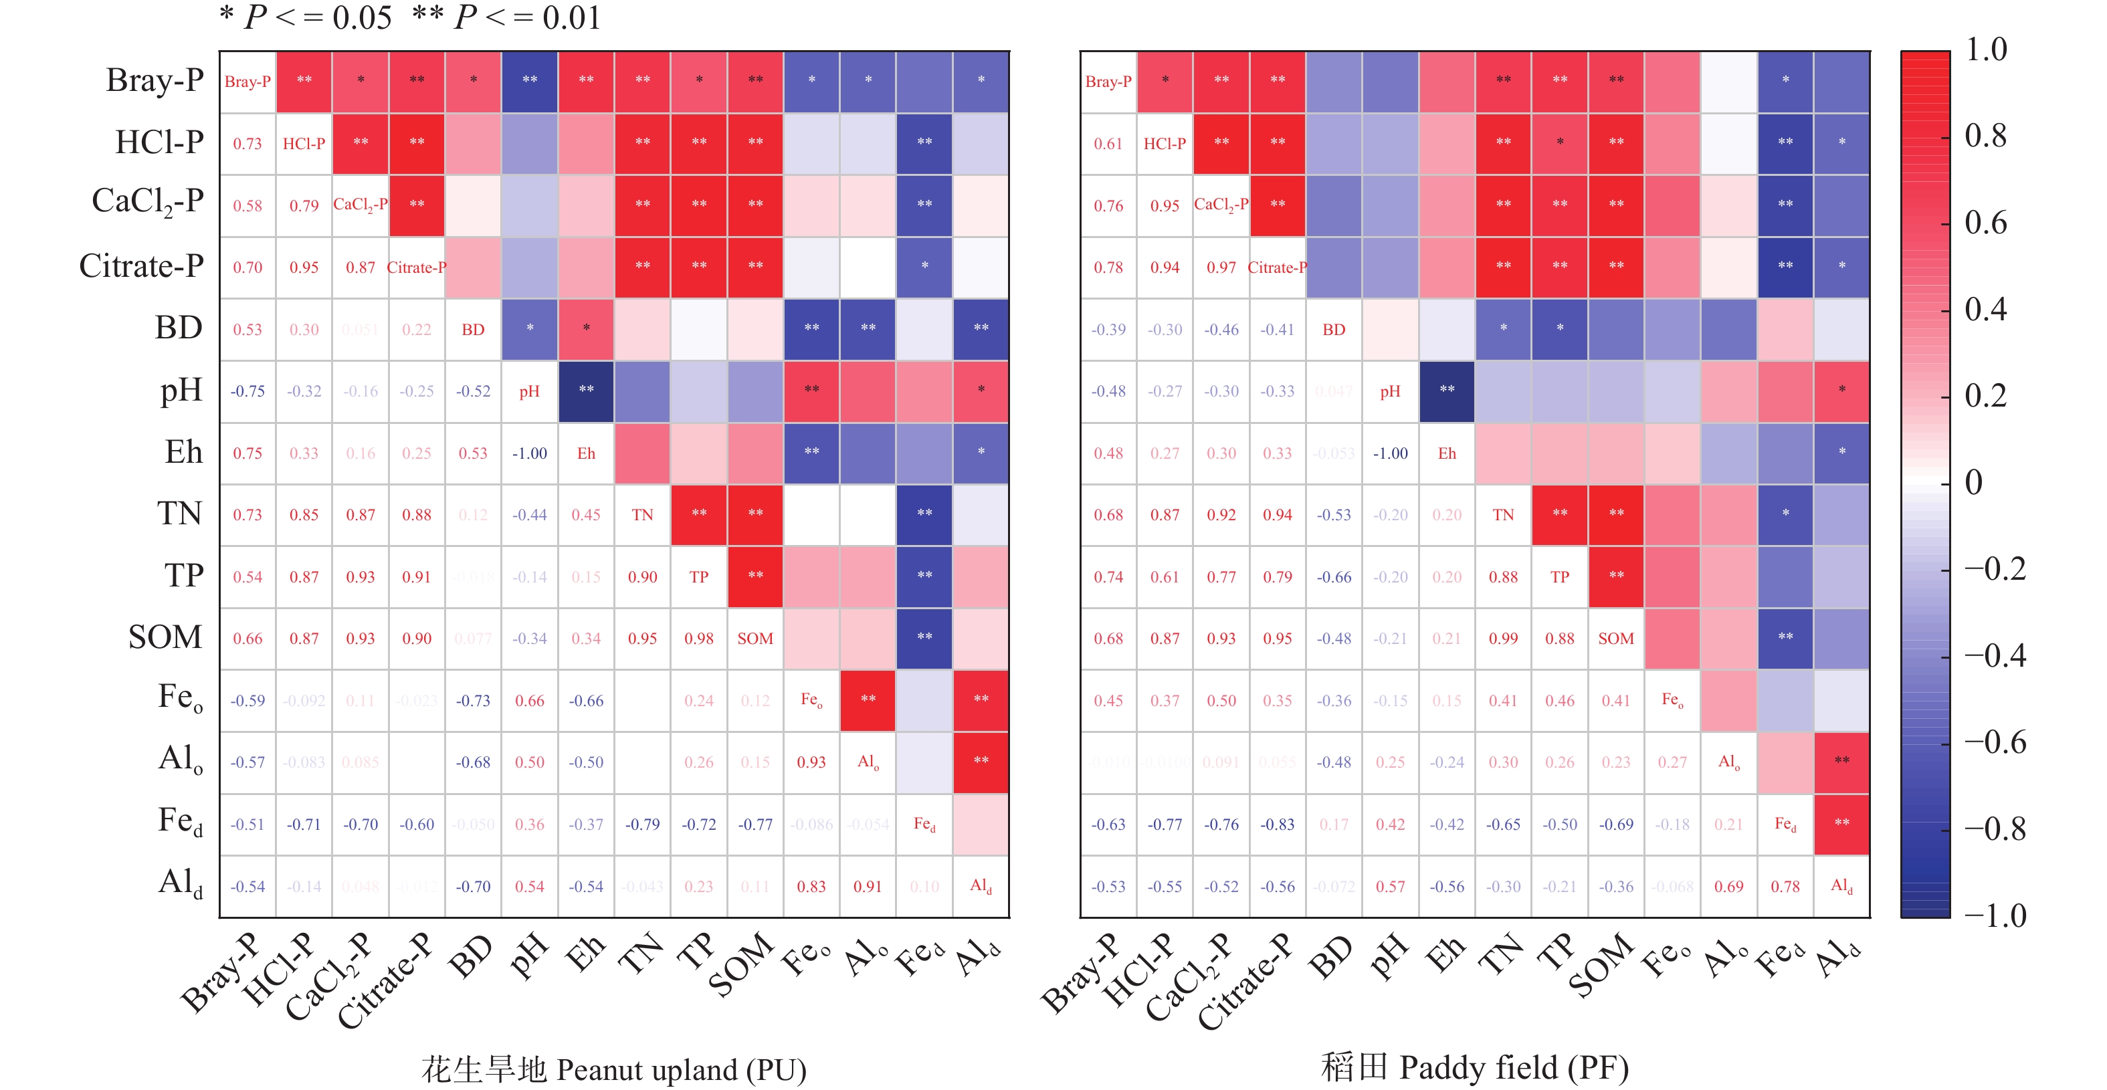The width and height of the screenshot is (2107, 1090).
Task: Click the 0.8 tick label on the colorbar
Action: point(1985,136)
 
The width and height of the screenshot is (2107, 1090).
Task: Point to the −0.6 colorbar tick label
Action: point(1995,742)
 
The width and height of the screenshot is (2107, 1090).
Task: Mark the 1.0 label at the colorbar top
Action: point(1985,50)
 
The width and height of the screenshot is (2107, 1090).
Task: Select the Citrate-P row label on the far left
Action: point(140,265)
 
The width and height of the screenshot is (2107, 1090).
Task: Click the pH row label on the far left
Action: point(181,390)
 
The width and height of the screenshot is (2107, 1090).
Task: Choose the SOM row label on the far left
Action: point(165,637)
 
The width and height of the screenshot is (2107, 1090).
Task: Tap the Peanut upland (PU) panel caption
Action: point(613,1069)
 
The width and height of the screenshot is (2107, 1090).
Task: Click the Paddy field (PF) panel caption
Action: point(1475,1068)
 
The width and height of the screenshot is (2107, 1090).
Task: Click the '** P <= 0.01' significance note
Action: point(507,17)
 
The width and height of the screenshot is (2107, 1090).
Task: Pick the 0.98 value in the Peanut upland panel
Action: point(698,639)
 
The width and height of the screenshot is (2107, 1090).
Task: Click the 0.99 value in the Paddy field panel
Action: point(1504,639)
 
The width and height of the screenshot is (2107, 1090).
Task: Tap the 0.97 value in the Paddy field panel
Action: point(1221,267)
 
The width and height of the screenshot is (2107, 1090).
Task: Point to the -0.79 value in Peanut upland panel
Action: point(642,825)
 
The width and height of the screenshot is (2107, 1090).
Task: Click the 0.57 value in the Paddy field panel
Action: point(1391,887)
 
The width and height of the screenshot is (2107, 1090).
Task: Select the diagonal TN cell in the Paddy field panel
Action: point(1504,515)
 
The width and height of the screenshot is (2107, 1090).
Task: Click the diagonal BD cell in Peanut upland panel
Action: point(473,330)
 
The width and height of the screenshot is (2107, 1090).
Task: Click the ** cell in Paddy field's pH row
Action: point(1447,390)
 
